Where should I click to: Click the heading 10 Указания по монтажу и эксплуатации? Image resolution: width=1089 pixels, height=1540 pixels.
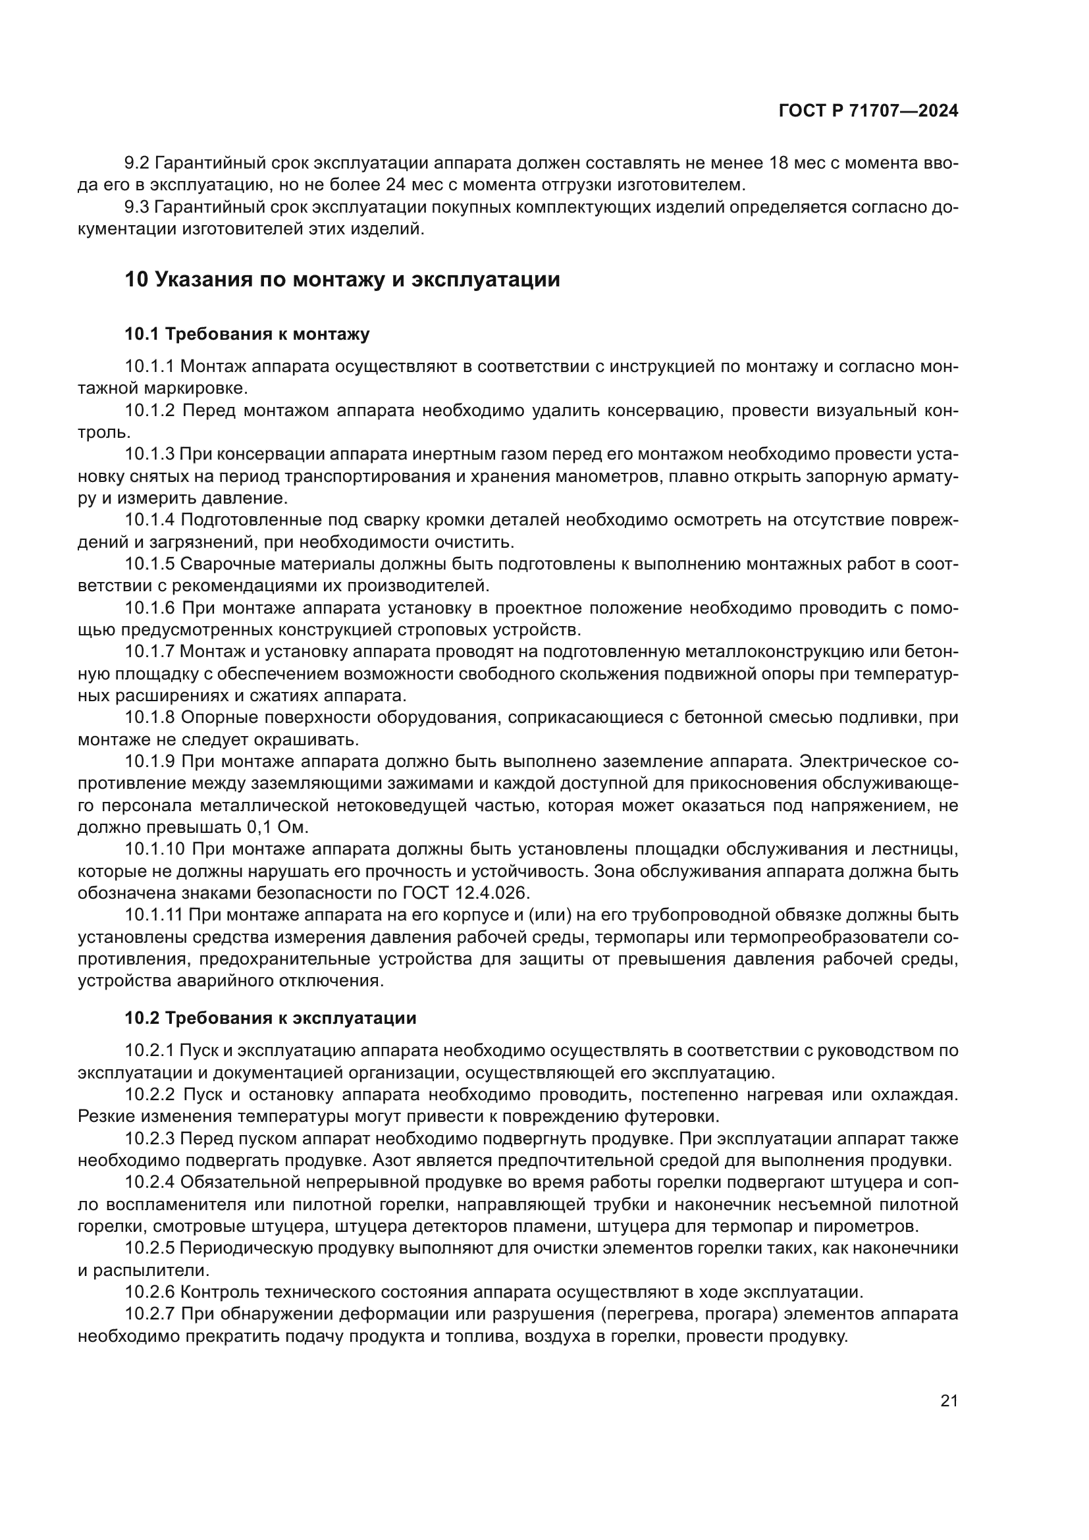pos(342,279)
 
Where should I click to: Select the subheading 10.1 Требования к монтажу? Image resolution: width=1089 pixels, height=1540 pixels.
pos(247,334)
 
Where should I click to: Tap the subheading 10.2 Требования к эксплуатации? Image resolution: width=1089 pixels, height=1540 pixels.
pos(270,1018)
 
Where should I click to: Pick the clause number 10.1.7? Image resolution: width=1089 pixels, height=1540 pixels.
pos(149,651)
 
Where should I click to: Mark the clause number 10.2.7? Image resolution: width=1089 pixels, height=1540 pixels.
pos(149,1314)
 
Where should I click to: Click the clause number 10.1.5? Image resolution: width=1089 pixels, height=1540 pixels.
pos(149,564)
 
